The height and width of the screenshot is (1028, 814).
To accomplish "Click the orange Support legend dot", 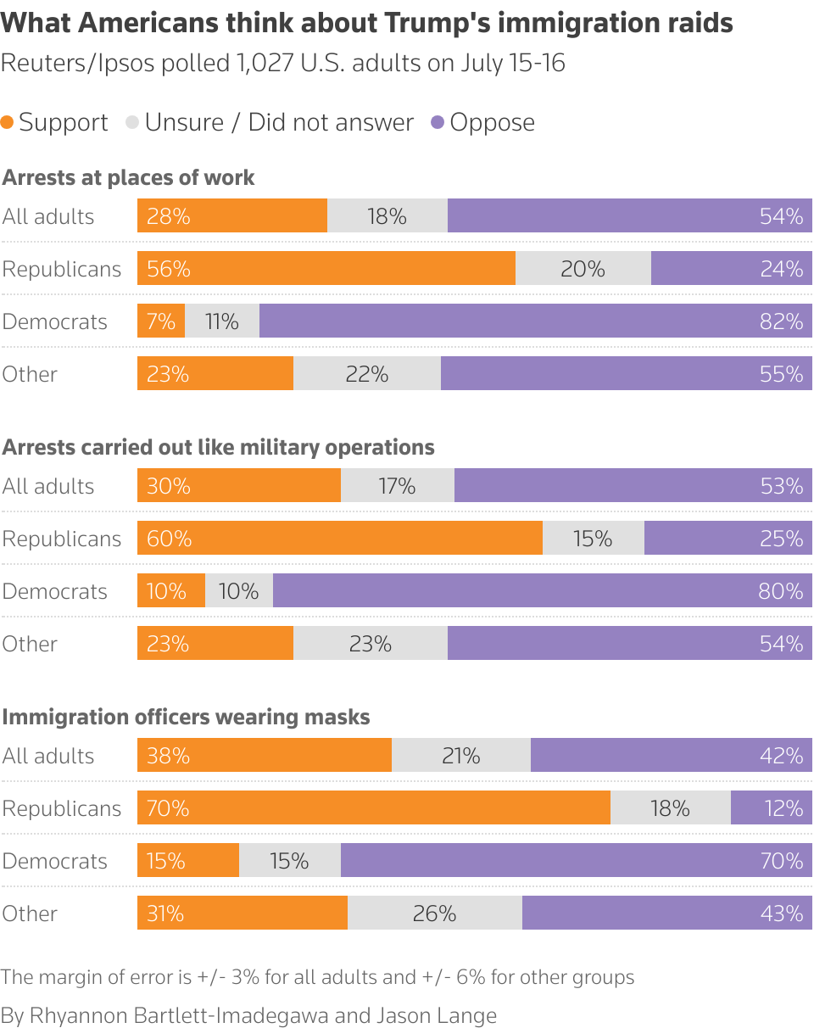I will [8, 122].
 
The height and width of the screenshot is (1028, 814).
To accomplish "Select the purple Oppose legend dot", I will [438, 122].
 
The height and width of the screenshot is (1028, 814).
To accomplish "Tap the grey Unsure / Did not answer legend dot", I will [132, 122].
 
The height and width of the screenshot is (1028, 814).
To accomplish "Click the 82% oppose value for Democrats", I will [781, 321].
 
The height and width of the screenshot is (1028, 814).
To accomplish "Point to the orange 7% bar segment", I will [161, 321].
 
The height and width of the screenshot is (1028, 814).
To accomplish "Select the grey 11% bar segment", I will [222, 321].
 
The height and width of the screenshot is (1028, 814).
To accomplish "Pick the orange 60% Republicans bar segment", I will [339, 539].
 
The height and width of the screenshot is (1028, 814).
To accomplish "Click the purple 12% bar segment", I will [772, 808].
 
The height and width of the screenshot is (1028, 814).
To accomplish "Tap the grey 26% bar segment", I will [435, 913].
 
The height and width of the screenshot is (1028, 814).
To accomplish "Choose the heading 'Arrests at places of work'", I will [129, 177].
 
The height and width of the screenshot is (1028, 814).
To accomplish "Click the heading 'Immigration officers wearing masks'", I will [187, 717].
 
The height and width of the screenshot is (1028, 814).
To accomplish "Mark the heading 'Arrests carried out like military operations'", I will [219, 447].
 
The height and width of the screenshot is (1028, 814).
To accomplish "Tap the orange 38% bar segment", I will [265, 756].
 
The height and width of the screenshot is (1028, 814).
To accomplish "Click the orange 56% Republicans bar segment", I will [326, 269].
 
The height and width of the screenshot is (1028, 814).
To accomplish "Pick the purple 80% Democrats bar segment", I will [543, 591].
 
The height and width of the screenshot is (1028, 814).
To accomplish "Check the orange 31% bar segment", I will [243, 913].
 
